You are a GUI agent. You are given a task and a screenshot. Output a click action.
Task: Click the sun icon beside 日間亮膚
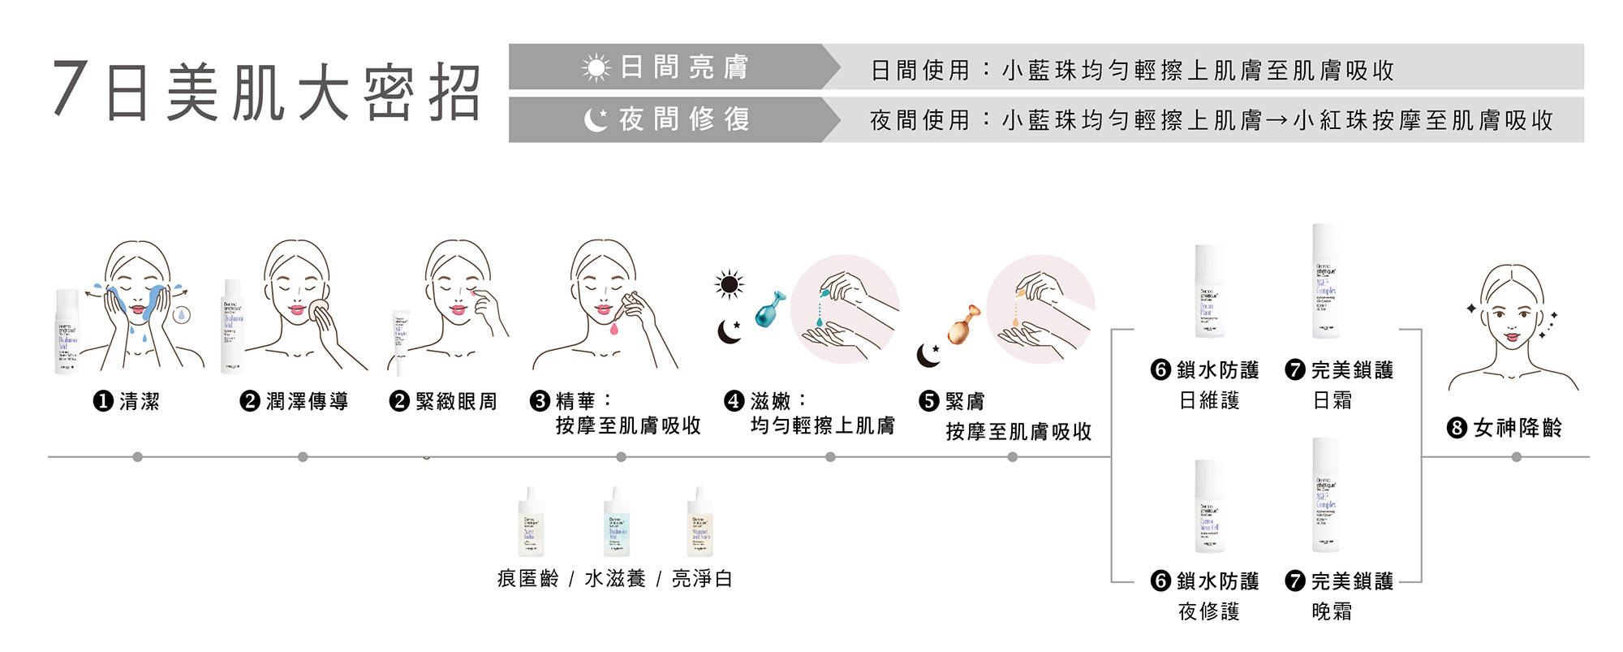pos(596,67)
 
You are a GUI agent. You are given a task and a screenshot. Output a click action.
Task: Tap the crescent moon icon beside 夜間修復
pos(596,120)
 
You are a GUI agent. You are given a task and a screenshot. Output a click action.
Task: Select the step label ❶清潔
pos(127,401)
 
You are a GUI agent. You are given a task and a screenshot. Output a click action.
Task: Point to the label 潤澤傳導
pos(307,401)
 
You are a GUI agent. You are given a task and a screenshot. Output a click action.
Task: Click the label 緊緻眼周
pos(455,401)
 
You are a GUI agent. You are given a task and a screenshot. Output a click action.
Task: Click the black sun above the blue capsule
pos(729,284)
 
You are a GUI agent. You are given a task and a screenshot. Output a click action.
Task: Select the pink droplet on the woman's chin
pos(615,328)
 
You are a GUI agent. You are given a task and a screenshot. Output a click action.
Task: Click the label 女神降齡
pos(1518,428)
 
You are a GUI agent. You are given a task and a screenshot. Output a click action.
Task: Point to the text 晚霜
pos(1332,611)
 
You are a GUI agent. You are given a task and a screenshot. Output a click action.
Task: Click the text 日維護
pos(1209,400)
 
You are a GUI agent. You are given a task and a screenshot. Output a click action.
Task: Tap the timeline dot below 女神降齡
pos(1517,457)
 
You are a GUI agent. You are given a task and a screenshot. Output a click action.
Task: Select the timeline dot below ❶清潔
pos(138,457)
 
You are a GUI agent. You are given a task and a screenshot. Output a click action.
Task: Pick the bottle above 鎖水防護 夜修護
pos(1208,507)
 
